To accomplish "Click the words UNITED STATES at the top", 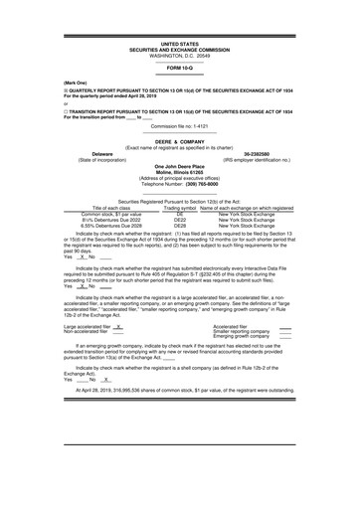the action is click(x=180, y=45).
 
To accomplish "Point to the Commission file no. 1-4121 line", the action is click(x=179, y=127).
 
